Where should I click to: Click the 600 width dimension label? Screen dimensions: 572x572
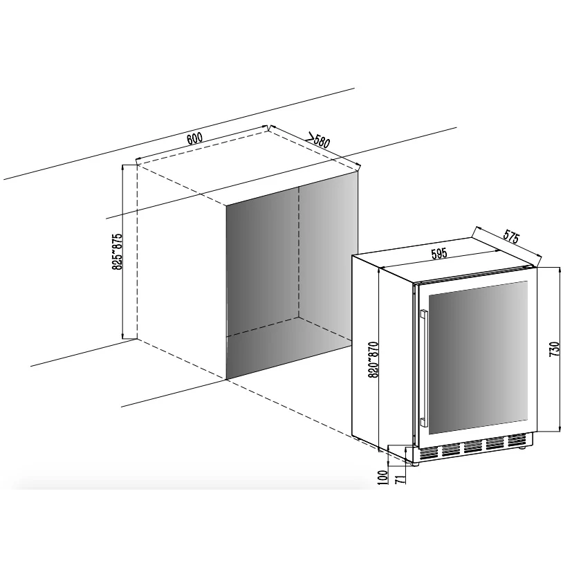point(194,138)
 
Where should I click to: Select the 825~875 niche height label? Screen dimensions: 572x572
point(117,251)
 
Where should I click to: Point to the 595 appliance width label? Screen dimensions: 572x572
point(439,254)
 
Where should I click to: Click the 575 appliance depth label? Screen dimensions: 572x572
point(510,237)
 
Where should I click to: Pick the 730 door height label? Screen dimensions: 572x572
point(554,349)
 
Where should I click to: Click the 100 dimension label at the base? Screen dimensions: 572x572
point(382,477)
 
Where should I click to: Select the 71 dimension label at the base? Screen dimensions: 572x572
point(400,479)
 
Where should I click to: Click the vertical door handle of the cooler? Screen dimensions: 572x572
point(423,368)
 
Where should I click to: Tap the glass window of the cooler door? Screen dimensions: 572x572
point(478,358)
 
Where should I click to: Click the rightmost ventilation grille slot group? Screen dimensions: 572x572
point(517,441)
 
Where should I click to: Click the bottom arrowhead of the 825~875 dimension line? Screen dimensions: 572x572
point(123,335)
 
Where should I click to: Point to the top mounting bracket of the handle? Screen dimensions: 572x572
point(423,314)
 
